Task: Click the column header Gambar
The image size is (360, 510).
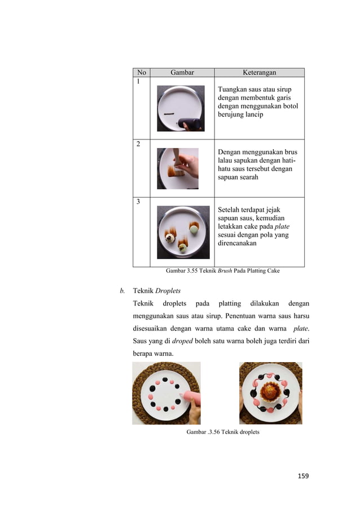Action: (x=182, y=72)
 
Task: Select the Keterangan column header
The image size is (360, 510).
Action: (x=259, y=72)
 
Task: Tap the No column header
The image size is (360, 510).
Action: (x=141, y=72)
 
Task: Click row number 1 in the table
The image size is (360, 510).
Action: (x=137, y=81)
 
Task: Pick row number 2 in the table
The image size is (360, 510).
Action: (x=137, y=143)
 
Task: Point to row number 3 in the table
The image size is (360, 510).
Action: (x=137, y=201)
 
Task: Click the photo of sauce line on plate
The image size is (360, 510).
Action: (x=181, y=108)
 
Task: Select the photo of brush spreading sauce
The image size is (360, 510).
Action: (x=178, y=168)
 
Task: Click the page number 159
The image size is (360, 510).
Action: (x=303, y=476)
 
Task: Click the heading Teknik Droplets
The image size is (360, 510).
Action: (x=156, y=291)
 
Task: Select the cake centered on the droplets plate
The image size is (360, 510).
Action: (x=270, y=391)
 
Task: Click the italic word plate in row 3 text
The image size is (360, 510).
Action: (x=282, y=226)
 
